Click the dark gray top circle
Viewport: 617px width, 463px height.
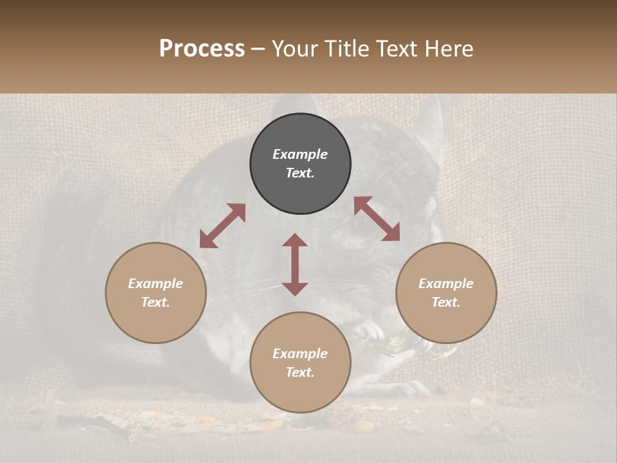(300, 163)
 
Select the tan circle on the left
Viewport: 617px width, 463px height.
(156, 293)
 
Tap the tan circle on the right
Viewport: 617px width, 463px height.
(446, 293)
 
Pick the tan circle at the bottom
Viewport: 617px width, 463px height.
(300, 362)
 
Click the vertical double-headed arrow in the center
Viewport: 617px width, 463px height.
(295, 264)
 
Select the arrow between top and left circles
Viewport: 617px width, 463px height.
(222, 226)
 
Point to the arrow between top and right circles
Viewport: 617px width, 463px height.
(377, 219)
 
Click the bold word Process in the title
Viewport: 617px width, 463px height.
(202, 49)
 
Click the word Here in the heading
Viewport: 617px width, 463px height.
(449, 49)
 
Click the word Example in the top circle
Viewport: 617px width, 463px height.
(300, 154)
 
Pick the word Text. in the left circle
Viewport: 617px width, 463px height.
(156, 302)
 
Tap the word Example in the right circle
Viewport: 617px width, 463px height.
(446, 284)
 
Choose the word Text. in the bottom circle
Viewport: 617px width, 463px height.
(300, 372)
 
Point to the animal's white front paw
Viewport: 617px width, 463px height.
(370, 331)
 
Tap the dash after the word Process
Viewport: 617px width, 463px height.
(258, 49)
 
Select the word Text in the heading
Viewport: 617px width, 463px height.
(398, 49)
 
